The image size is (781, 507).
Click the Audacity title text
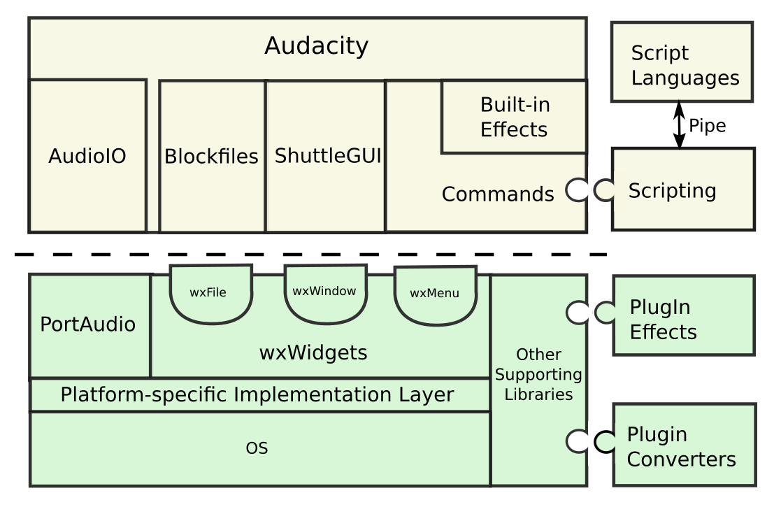316,46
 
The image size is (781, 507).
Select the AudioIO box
87,156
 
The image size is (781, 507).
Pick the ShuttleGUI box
327,156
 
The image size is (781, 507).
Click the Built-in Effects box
514,117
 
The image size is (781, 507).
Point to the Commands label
498,194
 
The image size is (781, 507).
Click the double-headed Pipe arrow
678,125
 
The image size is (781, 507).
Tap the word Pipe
708,126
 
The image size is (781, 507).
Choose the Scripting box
683,190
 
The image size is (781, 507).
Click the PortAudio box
89,325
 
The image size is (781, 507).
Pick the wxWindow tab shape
325,292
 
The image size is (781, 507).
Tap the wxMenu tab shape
435,294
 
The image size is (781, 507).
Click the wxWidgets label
313,352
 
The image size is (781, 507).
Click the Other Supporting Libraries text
538,374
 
